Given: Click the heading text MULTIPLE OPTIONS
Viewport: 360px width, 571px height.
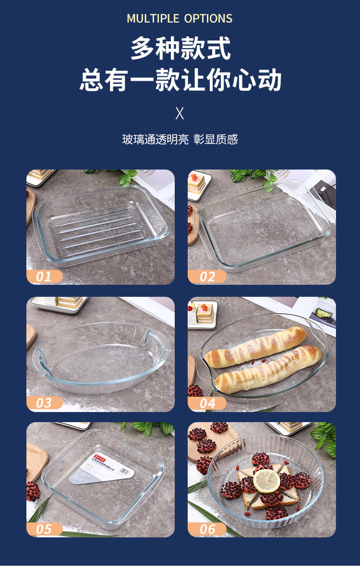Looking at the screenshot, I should pyautogui.click(x=180, y=19).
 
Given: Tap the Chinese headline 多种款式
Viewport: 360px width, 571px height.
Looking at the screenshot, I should pyautogui.click(x=180, y=49).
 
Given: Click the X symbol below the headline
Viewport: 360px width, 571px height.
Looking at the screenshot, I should pyautogui.click(x=180, y=113).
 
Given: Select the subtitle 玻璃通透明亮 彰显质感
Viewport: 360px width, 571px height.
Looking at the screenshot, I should pyautogui.click(x=180, y=140).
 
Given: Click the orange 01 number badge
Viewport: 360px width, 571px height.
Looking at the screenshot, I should pyautogui.click(x=44, y=277).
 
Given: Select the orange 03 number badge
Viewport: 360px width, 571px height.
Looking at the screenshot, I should pyautogui.click(x=44, y=403).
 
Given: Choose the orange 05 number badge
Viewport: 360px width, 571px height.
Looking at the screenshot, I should pyautogui.click(x=44, y=529).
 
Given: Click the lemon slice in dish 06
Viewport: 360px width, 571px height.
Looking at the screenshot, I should pyautogui.click(x=266, y=481).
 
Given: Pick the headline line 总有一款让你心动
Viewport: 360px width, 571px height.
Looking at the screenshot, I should pyautogui.click(x=180, y=80).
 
